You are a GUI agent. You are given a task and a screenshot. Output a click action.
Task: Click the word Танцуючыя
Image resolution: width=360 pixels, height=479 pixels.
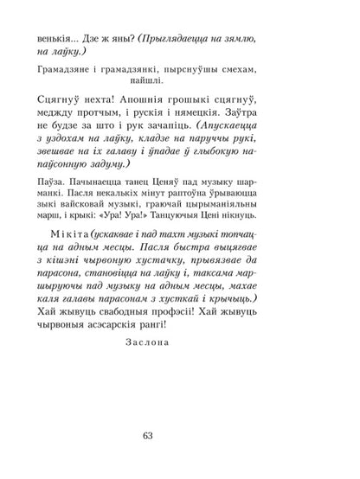click(x=239, y=244)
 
